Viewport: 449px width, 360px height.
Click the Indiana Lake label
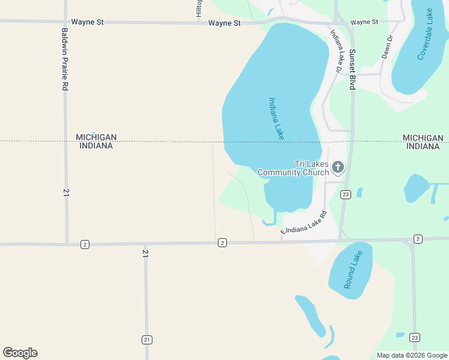[x=276, y=119]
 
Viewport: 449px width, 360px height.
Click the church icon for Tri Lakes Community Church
[x=338, y=166]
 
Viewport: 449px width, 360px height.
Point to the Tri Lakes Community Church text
[x=294, y=168]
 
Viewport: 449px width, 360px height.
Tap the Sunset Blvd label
[x=352, y=70]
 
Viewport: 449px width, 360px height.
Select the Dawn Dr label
[x=387, y=46]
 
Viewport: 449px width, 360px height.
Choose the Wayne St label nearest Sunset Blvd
[x=364, y=22]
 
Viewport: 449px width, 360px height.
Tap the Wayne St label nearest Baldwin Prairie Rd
[x=88, y=22]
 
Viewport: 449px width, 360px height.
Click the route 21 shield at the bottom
[x=146, y=340]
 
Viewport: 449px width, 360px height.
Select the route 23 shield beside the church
[x=345, y=194]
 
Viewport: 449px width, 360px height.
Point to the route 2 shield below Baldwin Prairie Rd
[x=85, y=244]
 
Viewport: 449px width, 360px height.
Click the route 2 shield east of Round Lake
[x=418, y=239]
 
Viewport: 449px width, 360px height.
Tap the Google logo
[x=20, y=353]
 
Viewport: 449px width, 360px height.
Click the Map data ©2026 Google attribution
[x=412, y=355]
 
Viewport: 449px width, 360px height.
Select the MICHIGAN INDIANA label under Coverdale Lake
[x=425, y=142]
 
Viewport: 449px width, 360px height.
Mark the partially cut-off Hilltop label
[x=199, y=8]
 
